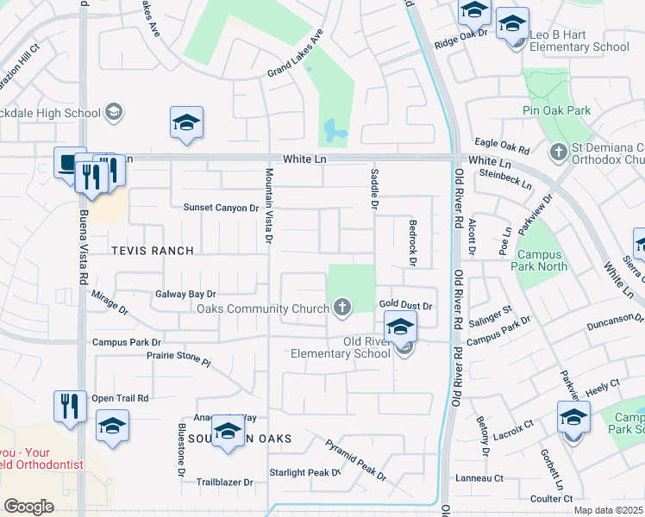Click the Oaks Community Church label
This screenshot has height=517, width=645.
(x=263, y=308)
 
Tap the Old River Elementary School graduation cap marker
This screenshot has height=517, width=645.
(x=400, y=327)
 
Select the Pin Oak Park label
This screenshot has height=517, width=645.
(x=556, y=110)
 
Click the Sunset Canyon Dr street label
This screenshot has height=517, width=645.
(x=221, y=208)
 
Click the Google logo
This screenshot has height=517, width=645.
(x=28, y=506)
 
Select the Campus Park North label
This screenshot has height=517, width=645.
(x=541, y=261)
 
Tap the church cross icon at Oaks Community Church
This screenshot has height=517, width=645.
(x=342, y=308)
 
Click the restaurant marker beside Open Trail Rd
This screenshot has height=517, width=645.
(x=70, y=405)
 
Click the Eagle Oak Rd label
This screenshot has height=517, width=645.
(x=501, y=146)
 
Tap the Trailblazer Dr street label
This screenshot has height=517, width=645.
(x=225, y=483)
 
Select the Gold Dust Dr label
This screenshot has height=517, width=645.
(x=404, y=305)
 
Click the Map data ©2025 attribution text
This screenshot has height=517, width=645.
(x=608, y=510)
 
